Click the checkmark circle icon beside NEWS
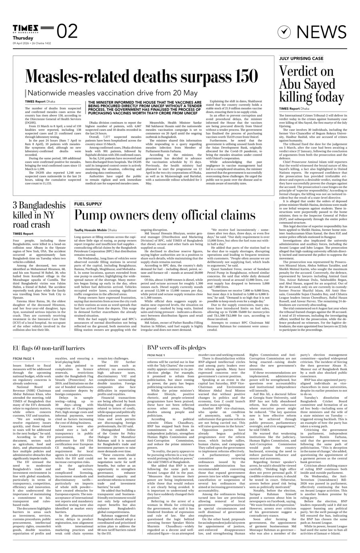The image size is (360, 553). [284, 32]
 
